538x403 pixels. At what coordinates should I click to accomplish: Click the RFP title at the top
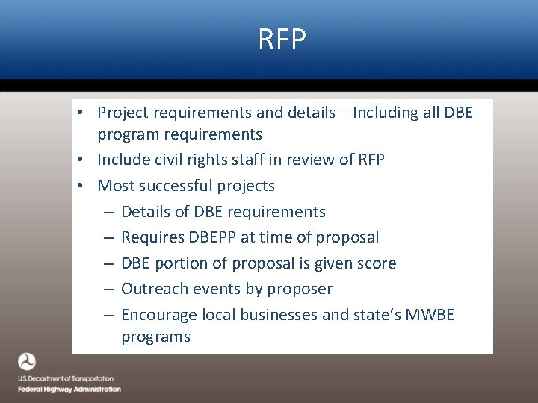pos(282,40)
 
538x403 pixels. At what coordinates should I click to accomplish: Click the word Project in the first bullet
pos(123,113)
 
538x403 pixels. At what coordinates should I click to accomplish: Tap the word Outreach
pos(152,289)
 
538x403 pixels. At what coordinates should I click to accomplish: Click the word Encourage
pos(158,315)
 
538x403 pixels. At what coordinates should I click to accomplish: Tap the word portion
pos(185,263)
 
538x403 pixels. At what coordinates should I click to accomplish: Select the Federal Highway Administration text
pos(69,389)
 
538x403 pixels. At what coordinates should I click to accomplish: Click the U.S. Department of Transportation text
pos(66,379)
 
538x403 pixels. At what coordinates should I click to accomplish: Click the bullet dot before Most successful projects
pos(87,186)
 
